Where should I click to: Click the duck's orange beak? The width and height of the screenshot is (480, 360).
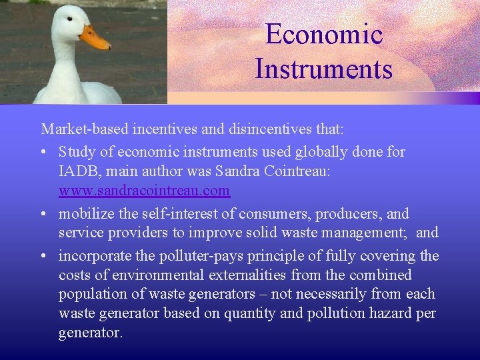click(96, 39)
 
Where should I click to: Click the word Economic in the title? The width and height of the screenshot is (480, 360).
click(324, 34)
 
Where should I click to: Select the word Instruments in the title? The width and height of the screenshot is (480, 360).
click(324, 69)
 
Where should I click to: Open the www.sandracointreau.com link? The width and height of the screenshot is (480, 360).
click(144, 191)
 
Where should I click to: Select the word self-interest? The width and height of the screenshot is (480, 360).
click(172, 214)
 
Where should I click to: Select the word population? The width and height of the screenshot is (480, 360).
click(93, 294)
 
